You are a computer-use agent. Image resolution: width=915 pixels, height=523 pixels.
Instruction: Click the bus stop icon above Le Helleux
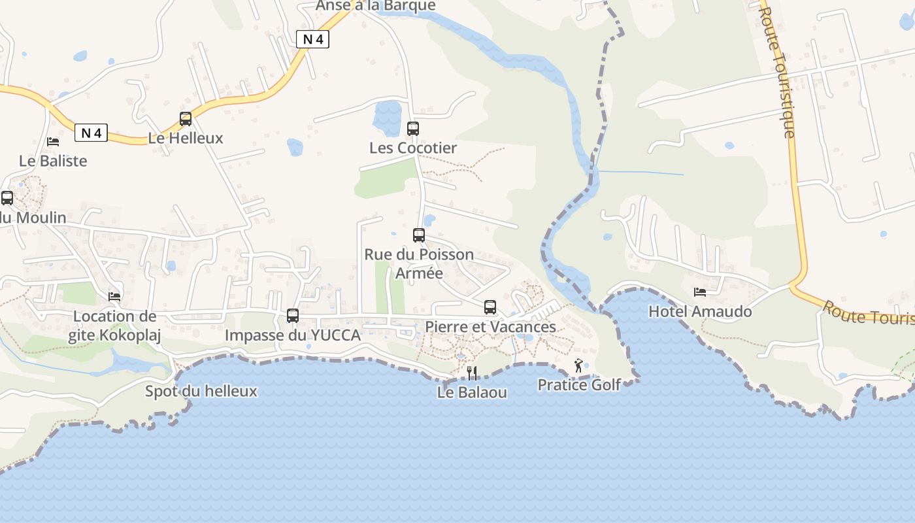pos(186,119)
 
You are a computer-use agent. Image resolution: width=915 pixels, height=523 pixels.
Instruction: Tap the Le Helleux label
pos(186,138)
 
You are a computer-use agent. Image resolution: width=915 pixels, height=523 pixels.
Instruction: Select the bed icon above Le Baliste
pos(53,141)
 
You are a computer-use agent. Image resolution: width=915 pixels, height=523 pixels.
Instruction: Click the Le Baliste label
pos(53,160)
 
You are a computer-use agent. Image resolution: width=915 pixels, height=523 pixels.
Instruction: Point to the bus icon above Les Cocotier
pos(413,128)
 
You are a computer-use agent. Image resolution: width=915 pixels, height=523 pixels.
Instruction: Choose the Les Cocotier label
pos(413,148)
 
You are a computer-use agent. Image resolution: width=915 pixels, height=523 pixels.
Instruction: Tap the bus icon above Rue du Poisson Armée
pos(419,235)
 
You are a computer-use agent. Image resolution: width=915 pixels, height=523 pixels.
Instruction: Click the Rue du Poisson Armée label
pos(419,263)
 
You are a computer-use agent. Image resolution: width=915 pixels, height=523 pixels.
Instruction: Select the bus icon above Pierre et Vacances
pos(490,307)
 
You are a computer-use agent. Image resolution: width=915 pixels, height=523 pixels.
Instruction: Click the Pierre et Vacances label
pos(490,326)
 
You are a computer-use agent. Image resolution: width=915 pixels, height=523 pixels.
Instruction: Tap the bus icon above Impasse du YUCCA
pos(293,316)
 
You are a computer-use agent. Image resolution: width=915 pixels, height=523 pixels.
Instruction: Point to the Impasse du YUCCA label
pos(293,335)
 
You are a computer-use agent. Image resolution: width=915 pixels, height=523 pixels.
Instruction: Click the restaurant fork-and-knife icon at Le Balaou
pos(472,373)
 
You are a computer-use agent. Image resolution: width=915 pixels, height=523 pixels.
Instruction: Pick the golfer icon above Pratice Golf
pos(578,366)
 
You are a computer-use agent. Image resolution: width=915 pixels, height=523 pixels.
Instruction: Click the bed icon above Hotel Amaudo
pos(700,292)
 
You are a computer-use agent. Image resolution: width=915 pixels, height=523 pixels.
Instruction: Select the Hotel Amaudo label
pos(700,311)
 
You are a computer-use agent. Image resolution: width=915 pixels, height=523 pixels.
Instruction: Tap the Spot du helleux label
pos(201,391)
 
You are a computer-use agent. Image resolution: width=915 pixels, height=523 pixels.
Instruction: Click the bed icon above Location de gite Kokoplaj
pos(114,297)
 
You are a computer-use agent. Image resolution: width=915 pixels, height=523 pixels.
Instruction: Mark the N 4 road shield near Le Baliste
pos(91,133)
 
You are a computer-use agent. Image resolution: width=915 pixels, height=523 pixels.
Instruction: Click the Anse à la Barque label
pos(376,5)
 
